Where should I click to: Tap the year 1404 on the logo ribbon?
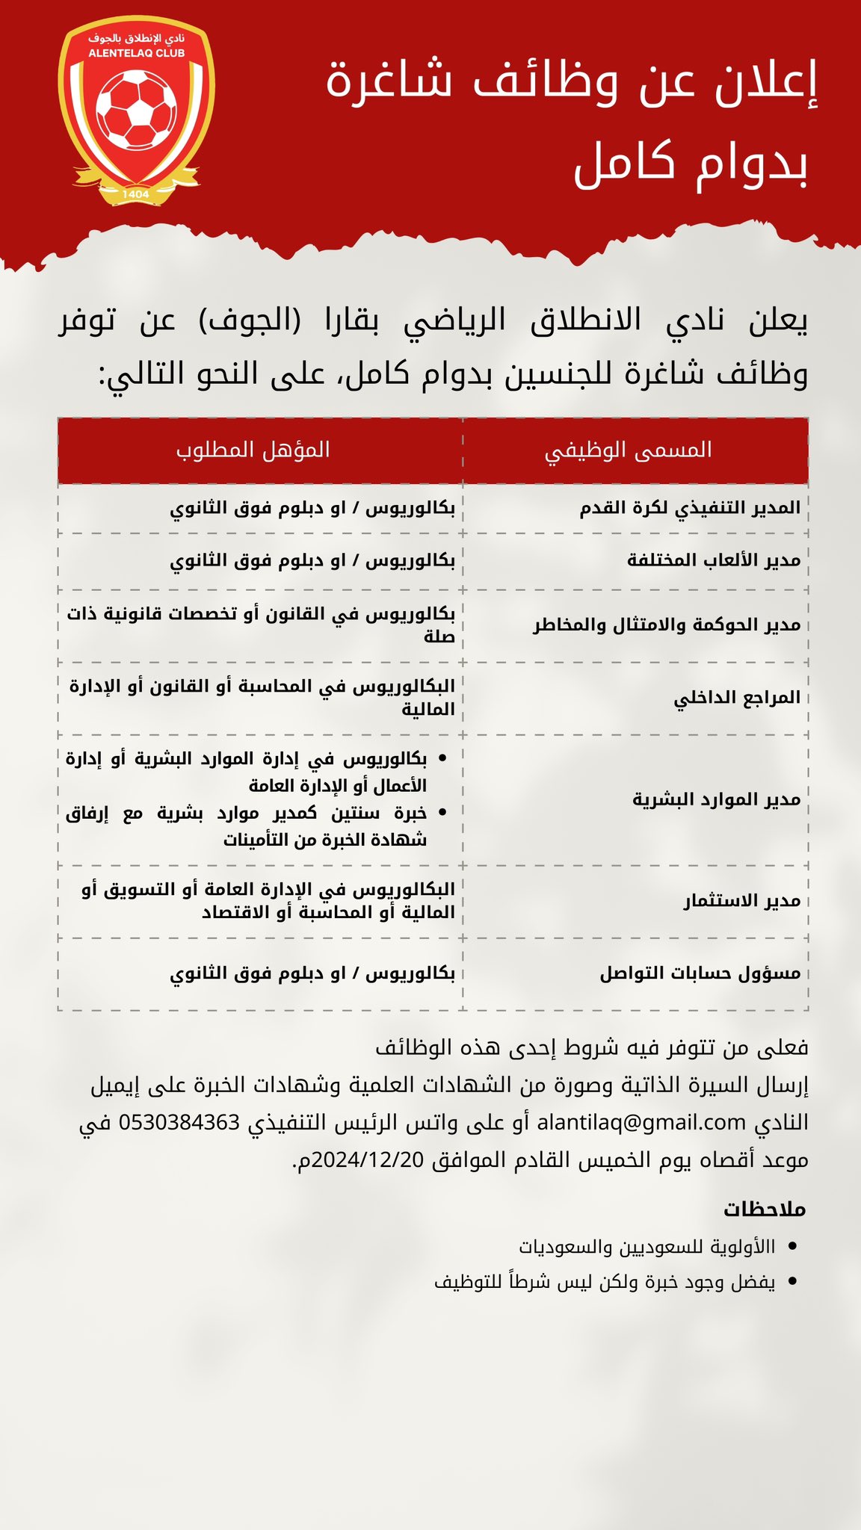[x=136, y=194]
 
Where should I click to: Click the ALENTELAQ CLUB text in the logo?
[x=136, y=54]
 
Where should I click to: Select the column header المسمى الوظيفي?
[x=628, y=450]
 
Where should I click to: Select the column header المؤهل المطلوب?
[x=253, y=450]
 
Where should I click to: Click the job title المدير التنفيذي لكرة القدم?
[x=690, y=508]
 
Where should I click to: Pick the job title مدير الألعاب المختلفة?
[x=714, y=560]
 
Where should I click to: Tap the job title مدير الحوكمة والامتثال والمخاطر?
[x=667, y=625]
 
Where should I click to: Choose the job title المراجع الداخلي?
[x=737, y=698]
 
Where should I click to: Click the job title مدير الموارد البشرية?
[x=716, y=799]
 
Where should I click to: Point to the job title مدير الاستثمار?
[x=741, y=901]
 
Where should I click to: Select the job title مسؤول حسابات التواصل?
[x=700, y=973]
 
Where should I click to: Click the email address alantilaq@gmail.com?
[x=641, y=1122]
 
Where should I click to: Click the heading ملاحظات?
[x=765, y=1209]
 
